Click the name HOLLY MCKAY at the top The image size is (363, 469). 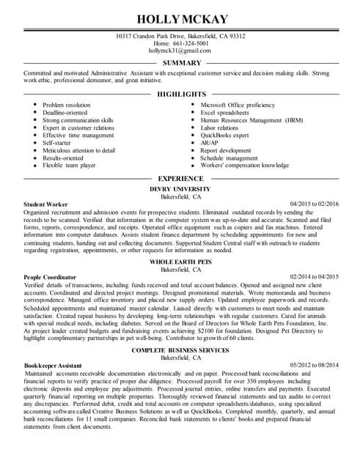(181, 19)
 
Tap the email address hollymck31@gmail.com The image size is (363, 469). (180, 51)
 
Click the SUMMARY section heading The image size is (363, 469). (181, 63)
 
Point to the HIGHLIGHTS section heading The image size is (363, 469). (181, 95)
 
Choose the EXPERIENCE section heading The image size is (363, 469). (181, 179)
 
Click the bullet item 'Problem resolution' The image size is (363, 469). (67, 106)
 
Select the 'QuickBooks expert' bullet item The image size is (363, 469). (224, 136)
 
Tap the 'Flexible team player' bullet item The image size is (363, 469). (69, 166)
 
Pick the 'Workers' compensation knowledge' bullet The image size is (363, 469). (244, 166)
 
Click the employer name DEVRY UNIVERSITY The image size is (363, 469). (180, 189)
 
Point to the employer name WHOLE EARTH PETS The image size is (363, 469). (180, 262)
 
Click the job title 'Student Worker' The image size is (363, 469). (45, 204)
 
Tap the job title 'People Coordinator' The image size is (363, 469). (49, 277)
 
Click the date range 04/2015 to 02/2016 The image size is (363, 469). (315, 204)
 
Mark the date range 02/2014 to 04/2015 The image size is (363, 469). (315, 277)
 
